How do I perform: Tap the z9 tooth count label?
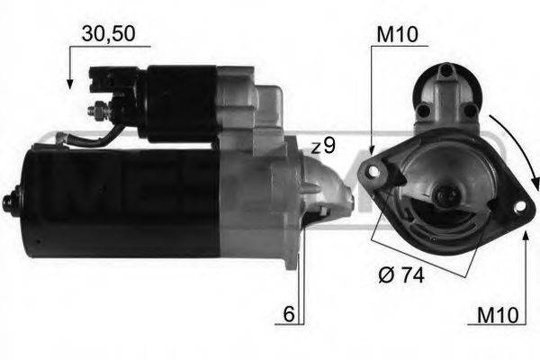(323, 147)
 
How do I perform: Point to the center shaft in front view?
(443, 193)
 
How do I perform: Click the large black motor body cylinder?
(117, 202)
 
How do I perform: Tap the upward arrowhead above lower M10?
(525, 236)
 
